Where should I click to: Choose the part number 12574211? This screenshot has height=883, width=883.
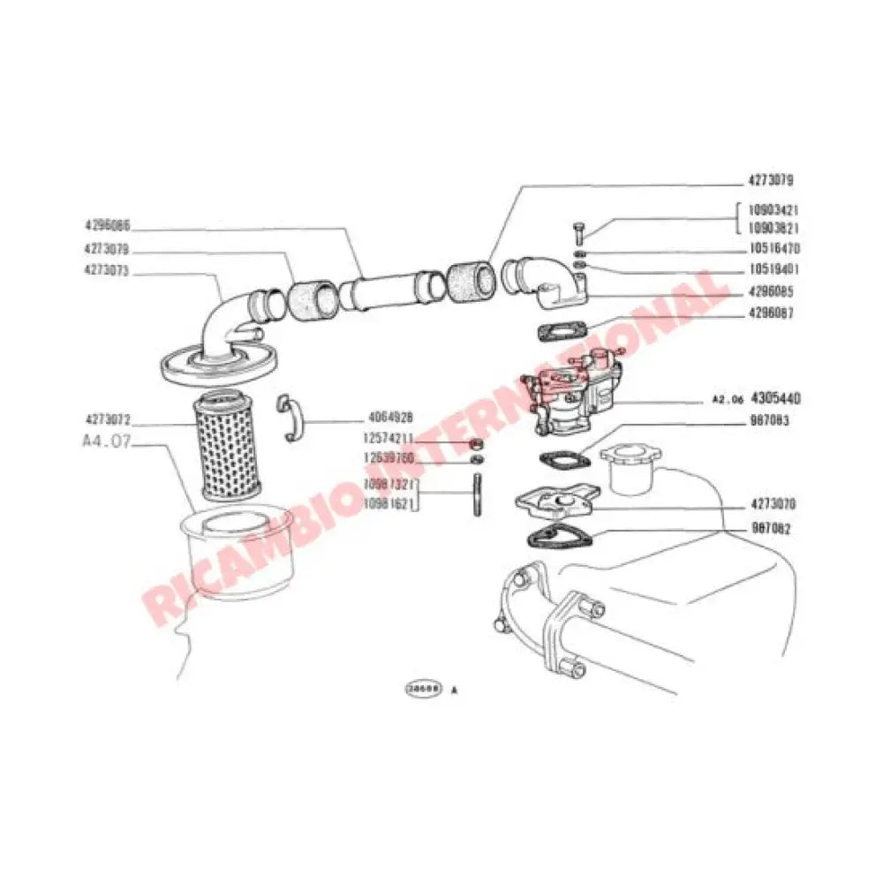coord(389,439)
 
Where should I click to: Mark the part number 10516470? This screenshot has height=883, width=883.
coord(762,249)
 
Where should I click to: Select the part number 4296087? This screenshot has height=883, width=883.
coord(762,313)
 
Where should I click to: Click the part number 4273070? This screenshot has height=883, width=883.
coord(762,506)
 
